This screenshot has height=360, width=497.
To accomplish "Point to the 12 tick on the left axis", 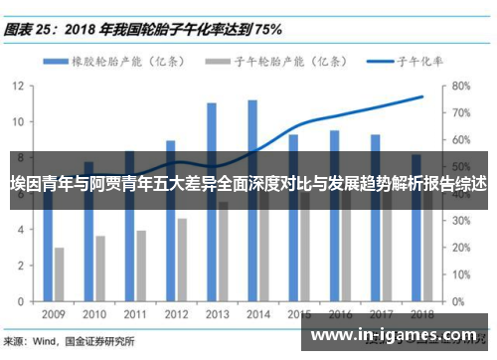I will pyautogui.click(x=18, y=86).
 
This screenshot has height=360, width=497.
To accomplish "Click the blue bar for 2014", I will pyautogui.click(x=252, y=199).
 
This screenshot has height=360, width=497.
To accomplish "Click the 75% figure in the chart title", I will pyautogui.click(x=267, y=29).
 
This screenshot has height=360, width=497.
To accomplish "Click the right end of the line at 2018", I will pyautogui.click(x=422, y=96).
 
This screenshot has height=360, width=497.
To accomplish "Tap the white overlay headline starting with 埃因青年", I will pyautogui.click(x=248, y=185).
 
